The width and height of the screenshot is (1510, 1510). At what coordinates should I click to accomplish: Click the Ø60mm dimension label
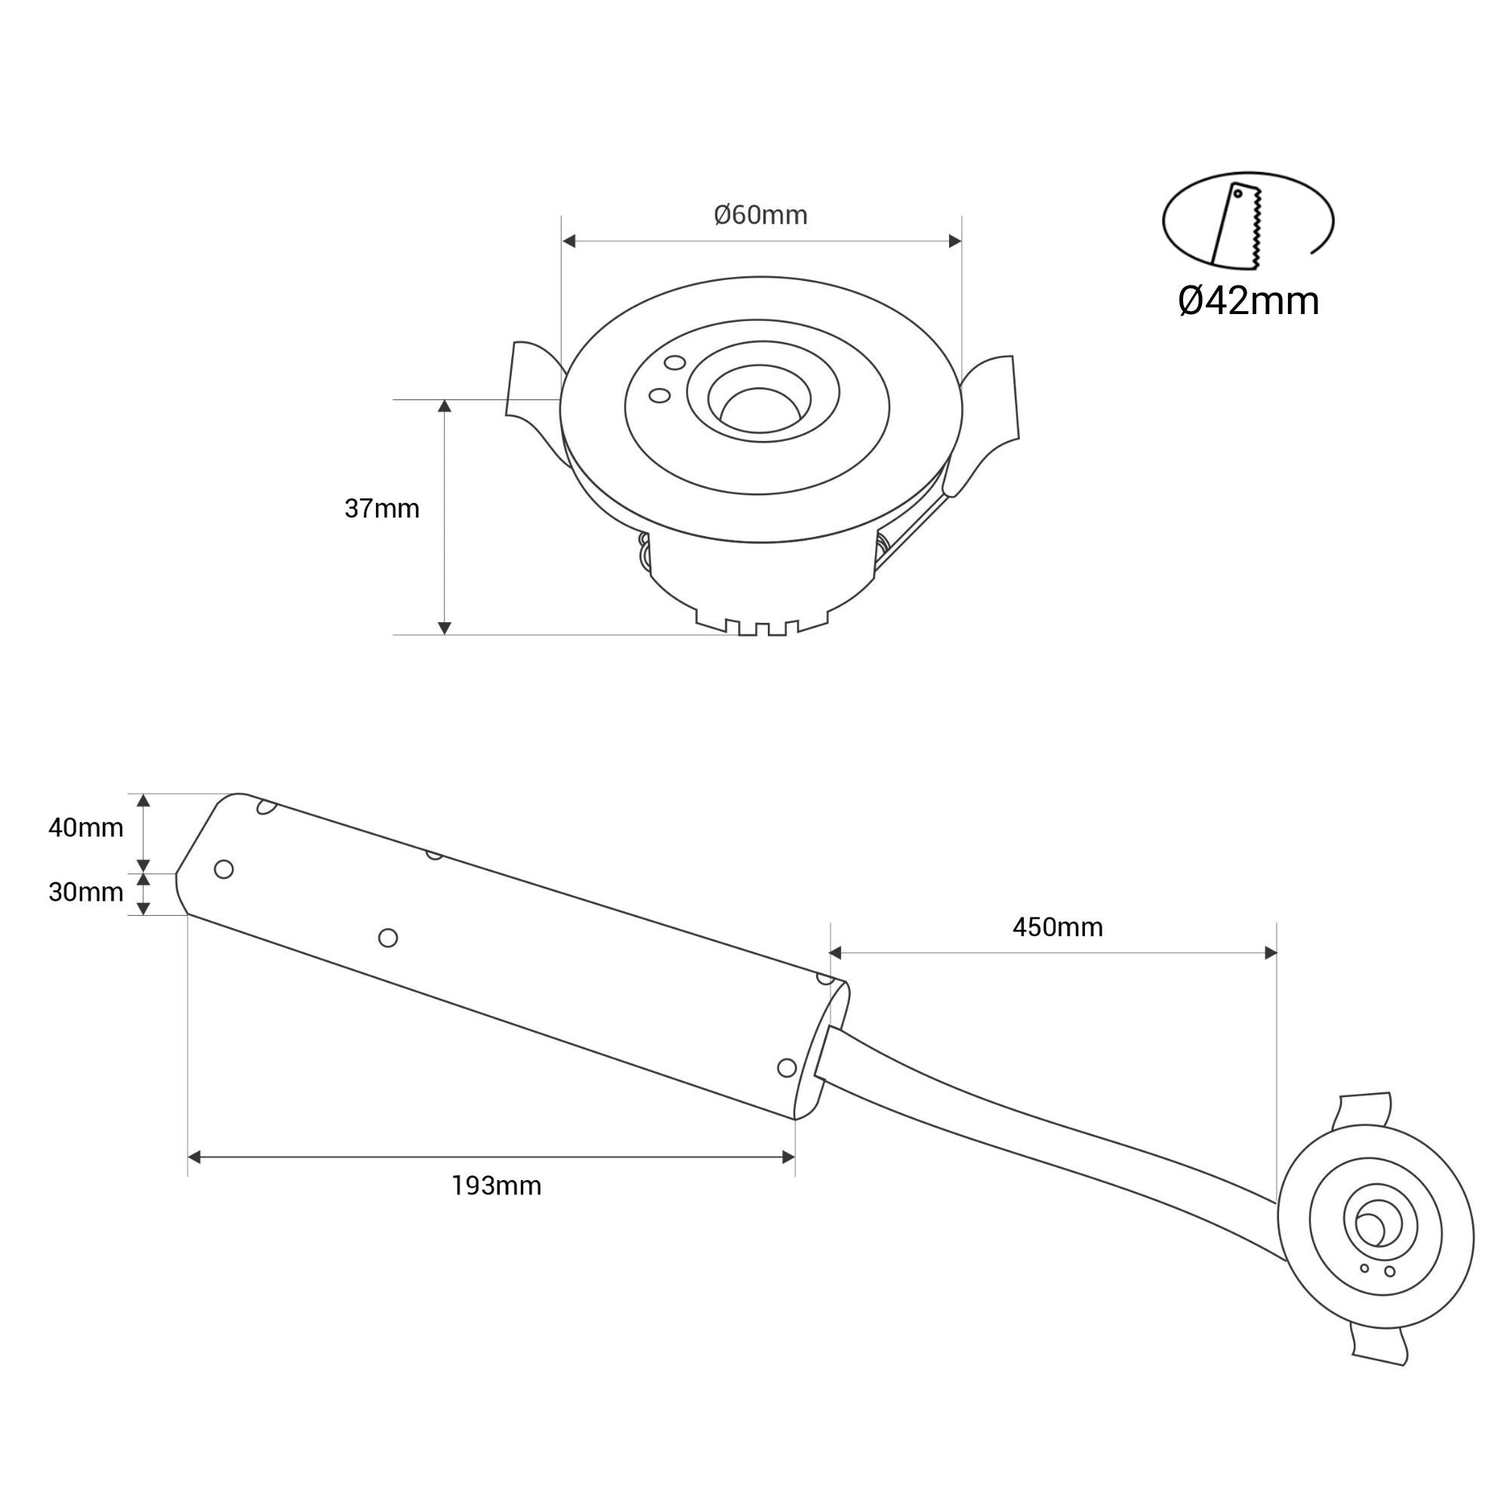click(760, 215)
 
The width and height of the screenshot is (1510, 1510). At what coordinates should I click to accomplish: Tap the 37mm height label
click(381, 509)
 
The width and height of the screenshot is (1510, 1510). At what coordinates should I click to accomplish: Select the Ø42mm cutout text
click(1248, 302)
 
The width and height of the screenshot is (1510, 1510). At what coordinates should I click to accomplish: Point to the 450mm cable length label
click(1057, 928)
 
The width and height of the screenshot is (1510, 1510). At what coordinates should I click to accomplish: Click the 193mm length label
click(496, 1186)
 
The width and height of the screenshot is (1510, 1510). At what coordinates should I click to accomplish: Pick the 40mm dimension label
click(86, 827)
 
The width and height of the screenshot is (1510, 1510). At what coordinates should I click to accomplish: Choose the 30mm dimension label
click(86, 892)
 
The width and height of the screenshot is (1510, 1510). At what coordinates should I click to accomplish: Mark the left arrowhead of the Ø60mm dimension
click(569, 241)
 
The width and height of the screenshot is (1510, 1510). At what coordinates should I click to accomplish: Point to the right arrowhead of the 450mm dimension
click(1270, 953)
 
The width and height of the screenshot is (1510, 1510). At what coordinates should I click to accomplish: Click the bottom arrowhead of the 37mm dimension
click(444, 627)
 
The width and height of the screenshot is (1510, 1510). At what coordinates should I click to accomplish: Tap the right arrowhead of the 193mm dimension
click(787, 1157)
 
